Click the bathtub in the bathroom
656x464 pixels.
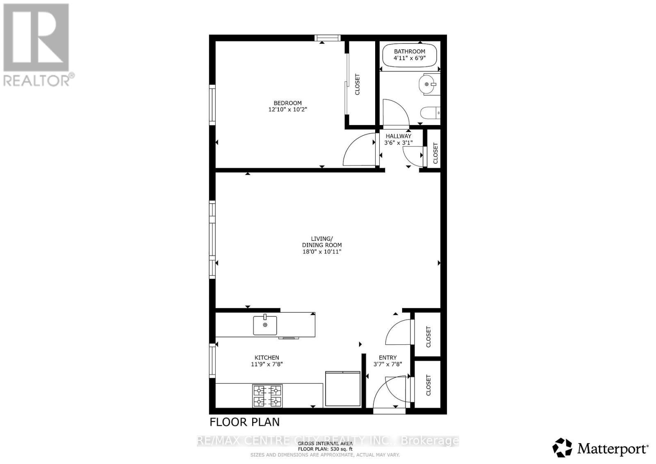[x=409, y=55]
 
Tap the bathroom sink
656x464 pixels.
[x=428, y=84]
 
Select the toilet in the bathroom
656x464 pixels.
[x=430, y=112]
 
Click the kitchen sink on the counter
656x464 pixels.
[x=265, y=325]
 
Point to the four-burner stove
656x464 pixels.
[x=267, y=396]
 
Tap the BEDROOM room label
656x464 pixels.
[x=287, y=103]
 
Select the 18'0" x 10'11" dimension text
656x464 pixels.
[x=322, y=251]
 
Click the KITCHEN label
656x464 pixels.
[x=267, y=357]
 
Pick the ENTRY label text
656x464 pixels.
[x=387, y=357]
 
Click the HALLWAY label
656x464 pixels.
[x=398, y=136]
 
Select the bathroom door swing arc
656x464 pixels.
[x=395, y=112]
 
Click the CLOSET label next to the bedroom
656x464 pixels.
[x=357, y=84]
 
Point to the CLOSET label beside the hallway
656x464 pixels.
[x=435, y=153]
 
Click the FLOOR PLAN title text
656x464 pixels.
[x=245, y=422]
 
